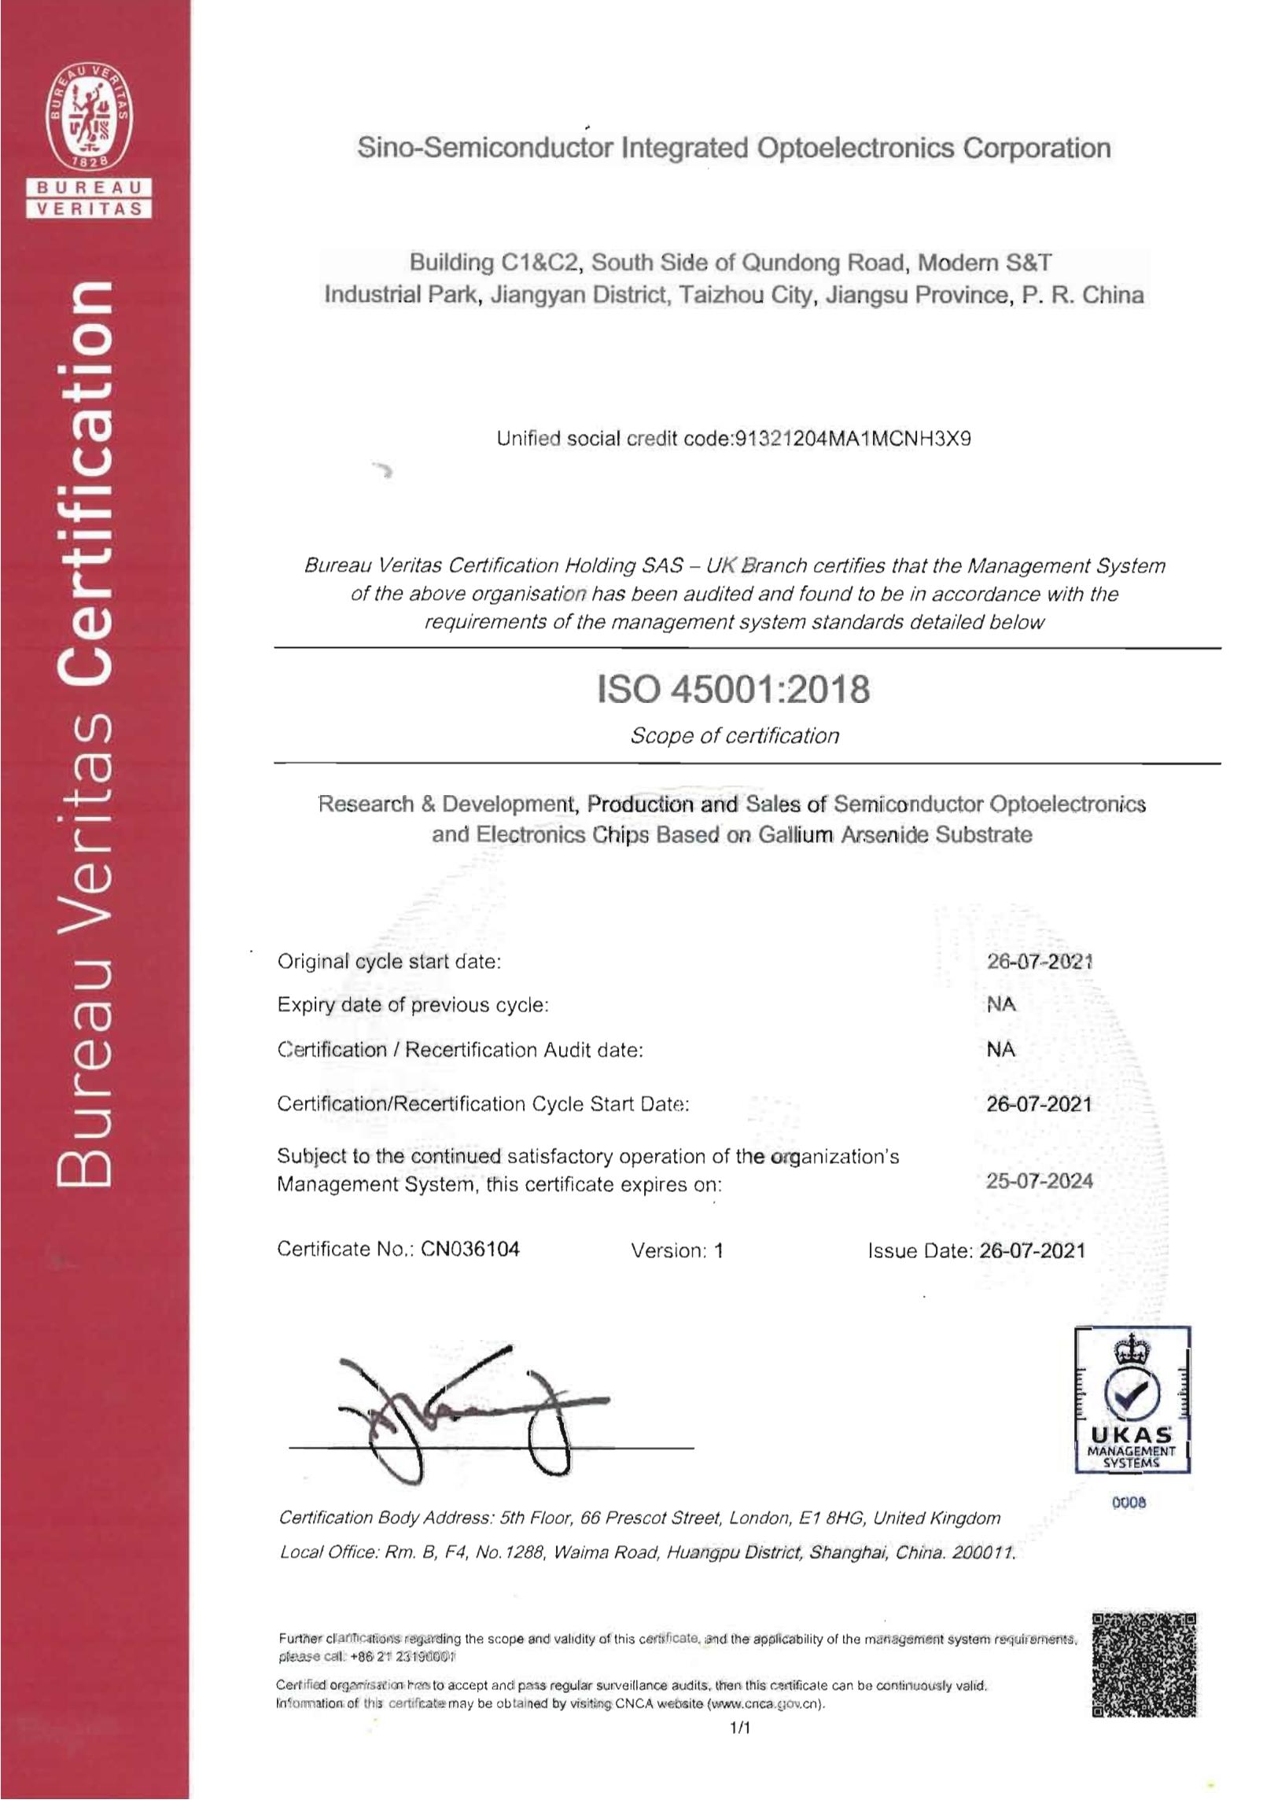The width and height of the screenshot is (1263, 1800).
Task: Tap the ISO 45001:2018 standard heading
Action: (734, 690)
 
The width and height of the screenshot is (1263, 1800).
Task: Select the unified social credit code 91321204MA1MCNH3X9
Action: (851, 439)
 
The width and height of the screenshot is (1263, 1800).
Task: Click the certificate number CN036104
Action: (470, 1250)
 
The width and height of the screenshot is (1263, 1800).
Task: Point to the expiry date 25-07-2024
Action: (1039, 1180)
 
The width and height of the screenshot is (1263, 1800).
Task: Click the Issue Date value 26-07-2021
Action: (1033, 1250)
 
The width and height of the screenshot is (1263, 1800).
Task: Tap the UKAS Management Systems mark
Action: (1132, 1399)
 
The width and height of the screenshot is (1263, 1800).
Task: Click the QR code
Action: (1144, 1664)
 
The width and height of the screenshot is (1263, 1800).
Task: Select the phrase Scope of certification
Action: (735, 736)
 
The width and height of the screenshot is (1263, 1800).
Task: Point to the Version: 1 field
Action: (676, 1250)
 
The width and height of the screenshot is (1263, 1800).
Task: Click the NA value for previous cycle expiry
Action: (1001, 1004)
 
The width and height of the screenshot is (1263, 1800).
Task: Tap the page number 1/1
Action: (740, 1728)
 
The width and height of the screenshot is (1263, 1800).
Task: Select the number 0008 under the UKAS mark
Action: (1129, 1503)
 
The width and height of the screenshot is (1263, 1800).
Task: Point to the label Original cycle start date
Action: (388, 961)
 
